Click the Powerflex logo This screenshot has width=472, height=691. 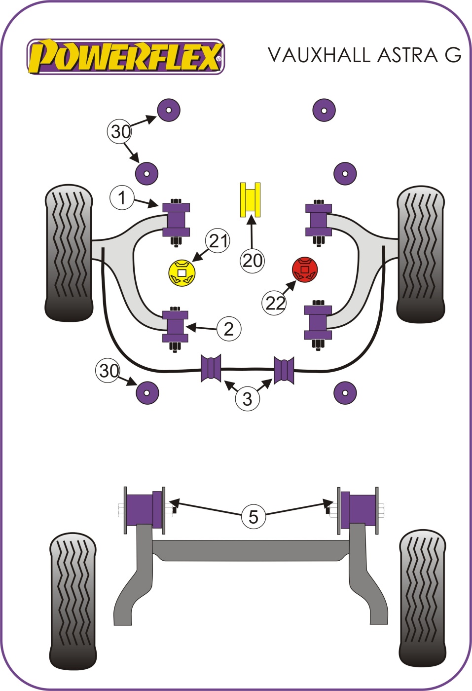coord(126,57)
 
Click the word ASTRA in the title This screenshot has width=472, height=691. coord(407,55)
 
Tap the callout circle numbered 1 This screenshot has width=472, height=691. coord(121,197)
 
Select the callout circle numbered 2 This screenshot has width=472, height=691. coord(228,329)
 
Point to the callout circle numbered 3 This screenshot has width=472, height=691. coord(247,398)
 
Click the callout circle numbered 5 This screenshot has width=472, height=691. coord(253,516)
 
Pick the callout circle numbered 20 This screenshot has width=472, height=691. coord(252,260)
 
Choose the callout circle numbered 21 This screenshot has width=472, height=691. coord(218,241)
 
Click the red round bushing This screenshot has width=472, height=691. coord(305,269)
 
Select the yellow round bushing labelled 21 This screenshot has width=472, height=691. coord(182,273)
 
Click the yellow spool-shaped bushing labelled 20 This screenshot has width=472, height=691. coord(250,199)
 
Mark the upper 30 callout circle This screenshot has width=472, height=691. coord(120,131)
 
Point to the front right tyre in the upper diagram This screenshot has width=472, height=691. coord(421,254)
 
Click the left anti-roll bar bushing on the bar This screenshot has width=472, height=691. coord(211,368)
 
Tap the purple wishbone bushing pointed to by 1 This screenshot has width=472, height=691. coord(176,219)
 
